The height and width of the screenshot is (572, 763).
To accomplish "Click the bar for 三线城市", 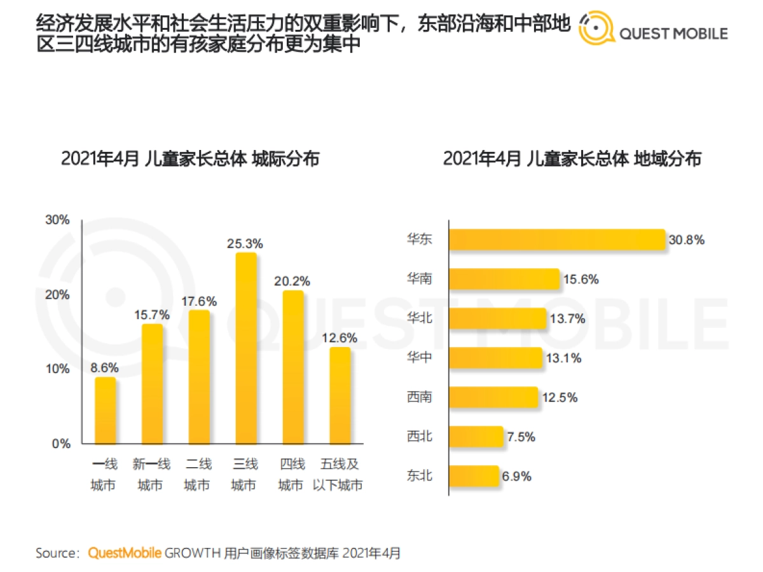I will (x=246, y=348).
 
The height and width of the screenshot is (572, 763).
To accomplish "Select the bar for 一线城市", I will (x=106, y=411).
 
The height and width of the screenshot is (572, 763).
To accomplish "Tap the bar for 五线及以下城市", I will (x=340, y=395).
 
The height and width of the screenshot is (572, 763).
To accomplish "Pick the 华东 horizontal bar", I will (x=557, y=240).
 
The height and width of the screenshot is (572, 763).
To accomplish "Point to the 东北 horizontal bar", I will (x=474, y=476).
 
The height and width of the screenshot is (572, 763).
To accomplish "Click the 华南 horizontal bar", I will (x=504, y=279).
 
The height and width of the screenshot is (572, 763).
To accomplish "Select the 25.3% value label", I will (x=246, y=243).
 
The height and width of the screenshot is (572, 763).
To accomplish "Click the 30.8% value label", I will (x=687, y=240).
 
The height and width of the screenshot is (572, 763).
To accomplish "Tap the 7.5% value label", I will (x=521, y=437).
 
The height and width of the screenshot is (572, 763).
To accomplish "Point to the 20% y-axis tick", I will (x=57, y=295).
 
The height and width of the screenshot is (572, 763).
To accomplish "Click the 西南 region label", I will (x=420, y=397).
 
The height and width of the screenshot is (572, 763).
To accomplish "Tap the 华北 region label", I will (x=420, y=318).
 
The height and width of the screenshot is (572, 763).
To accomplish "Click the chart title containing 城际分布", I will (x=190, y=158).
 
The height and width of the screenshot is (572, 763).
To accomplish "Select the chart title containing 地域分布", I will (x=572, y=158).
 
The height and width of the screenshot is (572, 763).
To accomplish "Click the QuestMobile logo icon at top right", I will (x=596, y=29).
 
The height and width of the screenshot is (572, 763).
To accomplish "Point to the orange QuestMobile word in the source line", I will (x=125, y=553).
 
